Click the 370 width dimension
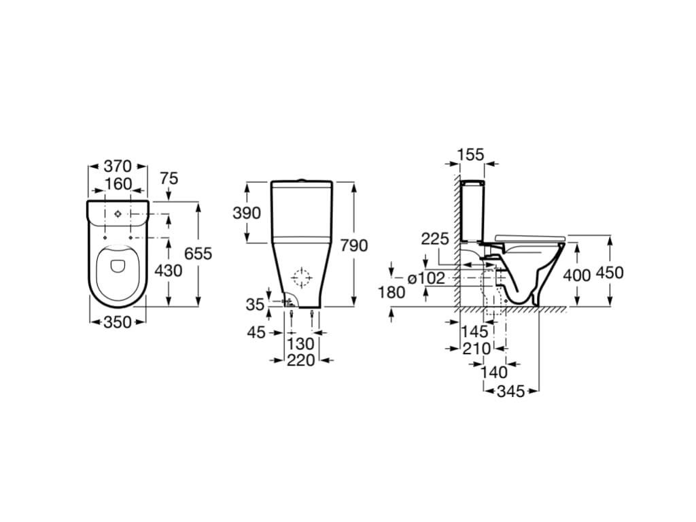pyautogui.click(x=118, y=166)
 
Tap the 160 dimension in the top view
pyautogui.click(x=118, y=184)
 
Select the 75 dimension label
pyautogui.click(x=169, y=179)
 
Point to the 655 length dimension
pyautogui.click(x=198, y=254)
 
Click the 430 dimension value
pyautogui.click(x=169, y=270)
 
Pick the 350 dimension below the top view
pyautogui.click(x=118, y=321)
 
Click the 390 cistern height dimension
pyautogui.click(x=247, y=213)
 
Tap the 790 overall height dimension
pyautogui.click(x=353, y=245)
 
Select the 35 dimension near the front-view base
pyautogui.click(x=256, y=304)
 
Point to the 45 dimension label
pyautogui.click(x=256, y=332)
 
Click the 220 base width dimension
pyautogui.click(x=300, y=360)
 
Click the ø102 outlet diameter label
pyautogui.click(x=425, y=278)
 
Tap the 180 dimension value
pyautogui.click(x=391, y=292)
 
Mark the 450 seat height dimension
pyautogui.click(x=610, y=272)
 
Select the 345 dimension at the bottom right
pyautogui.click(x=511, y=391)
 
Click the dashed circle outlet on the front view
pyautogui.click(x=301, y=277)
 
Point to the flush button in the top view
pyautogui.click(x=118, y=214)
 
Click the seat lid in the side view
pyautogui.click(x=529, y=238)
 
